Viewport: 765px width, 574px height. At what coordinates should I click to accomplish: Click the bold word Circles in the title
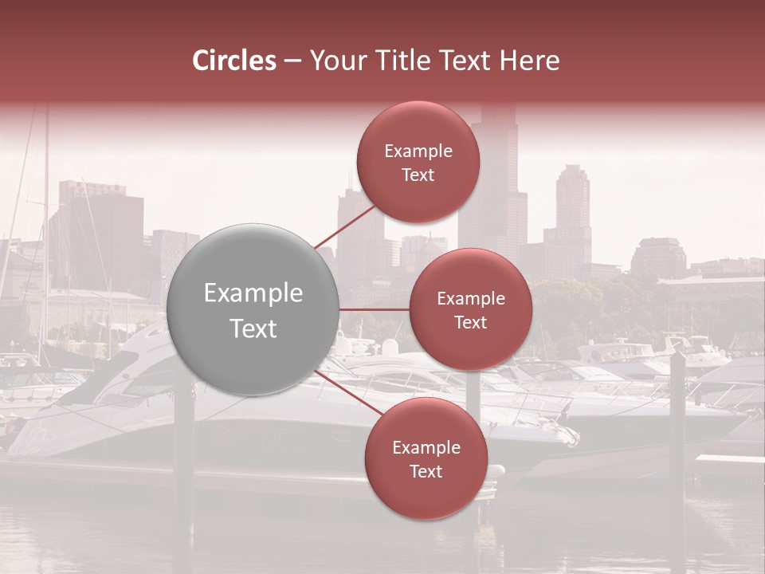(x=234, y=60)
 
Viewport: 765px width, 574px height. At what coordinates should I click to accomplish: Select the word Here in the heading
(x=530, y=60)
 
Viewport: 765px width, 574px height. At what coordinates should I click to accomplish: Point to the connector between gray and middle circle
(x=374, y=309)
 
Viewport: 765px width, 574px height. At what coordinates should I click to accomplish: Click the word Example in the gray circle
(x=253, y=293)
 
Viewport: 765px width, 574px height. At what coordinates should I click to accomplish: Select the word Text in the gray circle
(x=253, y=328)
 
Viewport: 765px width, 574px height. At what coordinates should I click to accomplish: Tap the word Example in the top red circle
(x=418, y=151)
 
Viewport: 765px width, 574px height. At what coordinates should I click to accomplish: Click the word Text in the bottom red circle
(x=426, y=471)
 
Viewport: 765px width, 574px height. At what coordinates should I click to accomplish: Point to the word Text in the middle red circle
(x=470, y=322)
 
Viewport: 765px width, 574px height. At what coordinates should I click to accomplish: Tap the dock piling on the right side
(x=677, y=415)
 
